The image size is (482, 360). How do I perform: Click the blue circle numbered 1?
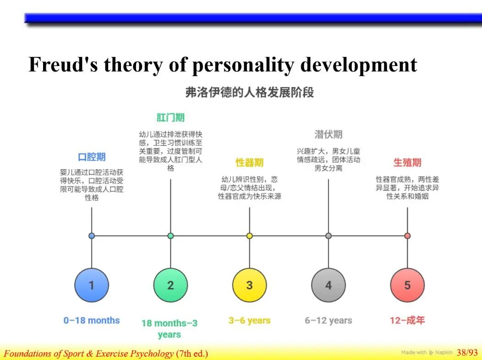point(92,285)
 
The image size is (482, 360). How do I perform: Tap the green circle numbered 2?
point(170,285)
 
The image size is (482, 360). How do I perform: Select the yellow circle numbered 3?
point(250,285)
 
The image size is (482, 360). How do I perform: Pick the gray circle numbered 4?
point(329,285)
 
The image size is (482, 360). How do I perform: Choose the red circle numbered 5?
point(408,285)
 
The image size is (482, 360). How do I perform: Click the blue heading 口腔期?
point(92,157)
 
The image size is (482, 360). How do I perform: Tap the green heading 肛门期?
point(170,117)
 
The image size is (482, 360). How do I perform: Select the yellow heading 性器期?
point(250,162)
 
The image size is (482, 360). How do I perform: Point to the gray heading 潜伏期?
point(329,134)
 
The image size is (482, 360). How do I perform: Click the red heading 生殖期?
point(408,162)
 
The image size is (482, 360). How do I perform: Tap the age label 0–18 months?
point(92,320)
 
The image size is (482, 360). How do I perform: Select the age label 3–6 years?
point(250,321)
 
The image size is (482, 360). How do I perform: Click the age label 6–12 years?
point(329,321)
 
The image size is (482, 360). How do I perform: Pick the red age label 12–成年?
point(408,320)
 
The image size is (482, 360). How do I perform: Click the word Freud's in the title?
point(63,65)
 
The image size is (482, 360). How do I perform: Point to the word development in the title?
point(359,66)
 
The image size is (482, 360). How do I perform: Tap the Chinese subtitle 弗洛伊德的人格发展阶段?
point(250,92)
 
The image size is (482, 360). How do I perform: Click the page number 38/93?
point(467,352)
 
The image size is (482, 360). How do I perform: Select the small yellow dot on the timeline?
point(250,236)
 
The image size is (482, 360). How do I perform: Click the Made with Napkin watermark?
point(427,352)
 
